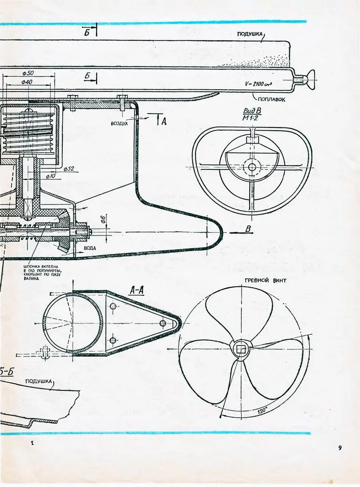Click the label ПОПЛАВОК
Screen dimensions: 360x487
point(272,100)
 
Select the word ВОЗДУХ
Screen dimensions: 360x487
point(119,123)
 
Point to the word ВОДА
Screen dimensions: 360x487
point(90,248)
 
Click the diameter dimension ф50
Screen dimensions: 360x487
point(28,73)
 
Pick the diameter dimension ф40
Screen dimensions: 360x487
point(27,82)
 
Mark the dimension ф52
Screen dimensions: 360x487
point(69,168)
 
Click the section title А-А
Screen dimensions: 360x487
point(136,290)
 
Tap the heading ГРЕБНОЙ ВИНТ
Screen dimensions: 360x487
point(266,281)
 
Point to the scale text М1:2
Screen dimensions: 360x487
point(252,118)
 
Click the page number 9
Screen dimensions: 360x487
point(340,448)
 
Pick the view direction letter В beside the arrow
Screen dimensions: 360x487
point(248,229)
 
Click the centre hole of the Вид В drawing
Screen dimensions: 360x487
point(252,167)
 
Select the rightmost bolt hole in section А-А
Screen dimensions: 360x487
point(163,323)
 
